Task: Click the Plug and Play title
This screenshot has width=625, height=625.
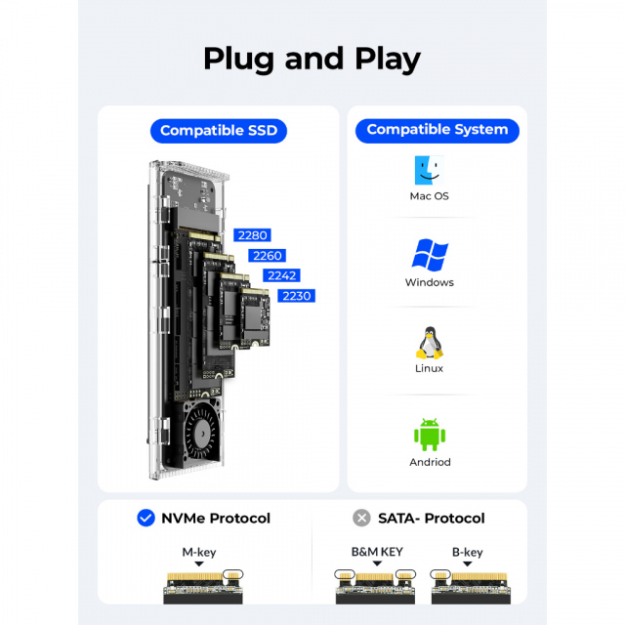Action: click(312, 58)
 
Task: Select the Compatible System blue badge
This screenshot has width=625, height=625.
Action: click(437, 129)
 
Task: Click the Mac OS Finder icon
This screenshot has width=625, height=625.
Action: click(429, 171)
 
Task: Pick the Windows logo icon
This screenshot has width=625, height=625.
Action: click(429, 256)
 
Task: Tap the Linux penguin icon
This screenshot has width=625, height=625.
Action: click(429, 342)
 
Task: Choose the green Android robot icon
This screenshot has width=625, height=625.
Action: click(429, 435)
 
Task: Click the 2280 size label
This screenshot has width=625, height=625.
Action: click(252, 235)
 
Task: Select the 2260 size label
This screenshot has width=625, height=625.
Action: click(266, 256)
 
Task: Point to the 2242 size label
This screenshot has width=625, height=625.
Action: click(281, 275)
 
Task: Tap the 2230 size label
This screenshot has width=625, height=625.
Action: click(297, 296)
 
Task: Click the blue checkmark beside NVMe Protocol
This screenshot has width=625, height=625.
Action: click(146, 518)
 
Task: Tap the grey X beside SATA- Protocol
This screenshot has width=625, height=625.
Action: click(361, 518)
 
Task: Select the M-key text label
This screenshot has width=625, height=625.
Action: click(199, 552)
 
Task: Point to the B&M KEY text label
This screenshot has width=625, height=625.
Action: click(377, 552)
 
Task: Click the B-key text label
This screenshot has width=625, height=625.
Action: click(467, 552)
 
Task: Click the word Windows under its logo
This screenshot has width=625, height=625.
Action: click(429, 282)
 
